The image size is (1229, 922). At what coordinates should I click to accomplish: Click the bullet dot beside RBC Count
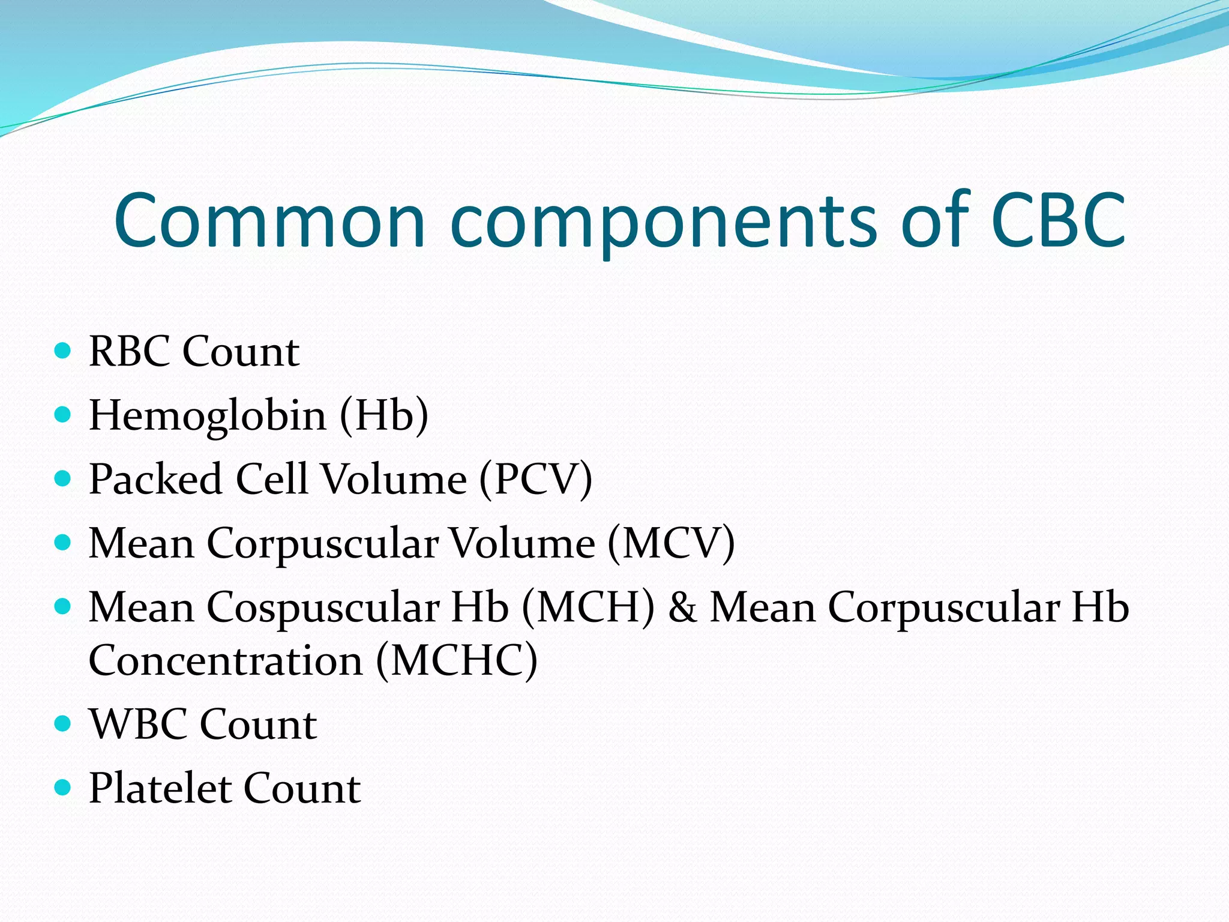point(62,350)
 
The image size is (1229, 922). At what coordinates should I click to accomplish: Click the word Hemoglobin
point(208,416)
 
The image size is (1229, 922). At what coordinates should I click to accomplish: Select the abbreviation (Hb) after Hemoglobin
point(384,416)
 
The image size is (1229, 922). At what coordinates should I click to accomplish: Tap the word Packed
point(155,480)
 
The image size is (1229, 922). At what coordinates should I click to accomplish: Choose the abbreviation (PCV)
point(536,480)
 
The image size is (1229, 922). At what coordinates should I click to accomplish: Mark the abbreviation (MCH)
point(588,607)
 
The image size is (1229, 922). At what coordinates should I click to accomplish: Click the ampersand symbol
point(682,607)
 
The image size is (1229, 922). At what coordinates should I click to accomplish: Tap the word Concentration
point(226,661)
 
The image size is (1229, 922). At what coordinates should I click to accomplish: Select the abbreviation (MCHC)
point(457,661)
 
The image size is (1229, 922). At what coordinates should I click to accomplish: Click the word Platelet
point(159,788)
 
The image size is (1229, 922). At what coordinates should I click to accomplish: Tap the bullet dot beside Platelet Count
point(62,787)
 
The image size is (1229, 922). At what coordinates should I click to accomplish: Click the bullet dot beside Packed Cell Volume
point(62,478)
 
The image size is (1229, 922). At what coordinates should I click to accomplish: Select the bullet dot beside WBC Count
point(62,723)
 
